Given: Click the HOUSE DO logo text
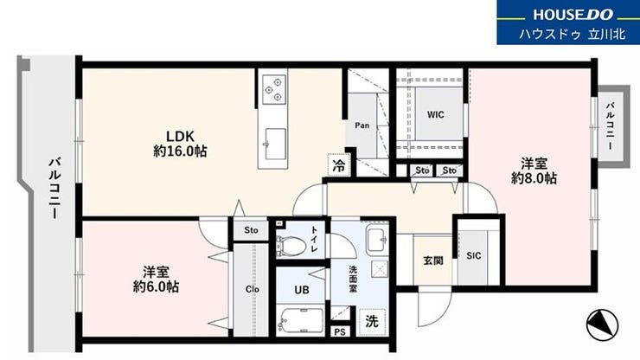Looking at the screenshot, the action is coord(573,15).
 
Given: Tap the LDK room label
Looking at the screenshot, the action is coord(180,136).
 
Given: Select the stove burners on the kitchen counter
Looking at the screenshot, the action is coord(274,89).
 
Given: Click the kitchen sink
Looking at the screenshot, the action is coord(275,144).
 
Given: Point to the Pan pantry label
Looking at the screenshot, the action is coord(362,125).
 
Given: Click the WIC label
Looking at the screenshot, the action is coord(436,114).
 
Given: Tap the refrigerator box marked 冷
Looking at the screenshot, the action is coord(339,165).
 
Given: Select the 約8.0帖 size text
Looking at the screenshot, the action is coord(534,178).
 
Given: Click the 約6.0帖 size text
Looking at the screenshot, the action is coord(156,286).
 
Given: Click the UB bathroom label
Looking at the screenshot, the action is coord(302,290).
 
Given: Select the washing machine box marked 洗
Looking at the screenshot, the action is coord(372,322).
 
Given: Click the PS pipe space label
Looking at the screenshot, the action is coord(340,331).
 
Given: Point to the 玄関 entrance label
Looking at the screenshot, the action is coord(433,260).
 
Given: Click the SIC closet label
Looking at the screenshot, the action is coord(473,256).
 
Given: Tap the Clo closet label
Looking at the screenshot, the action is coord(253,289).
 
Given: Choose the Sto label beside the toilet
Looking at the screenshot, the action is coord(251,230).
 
